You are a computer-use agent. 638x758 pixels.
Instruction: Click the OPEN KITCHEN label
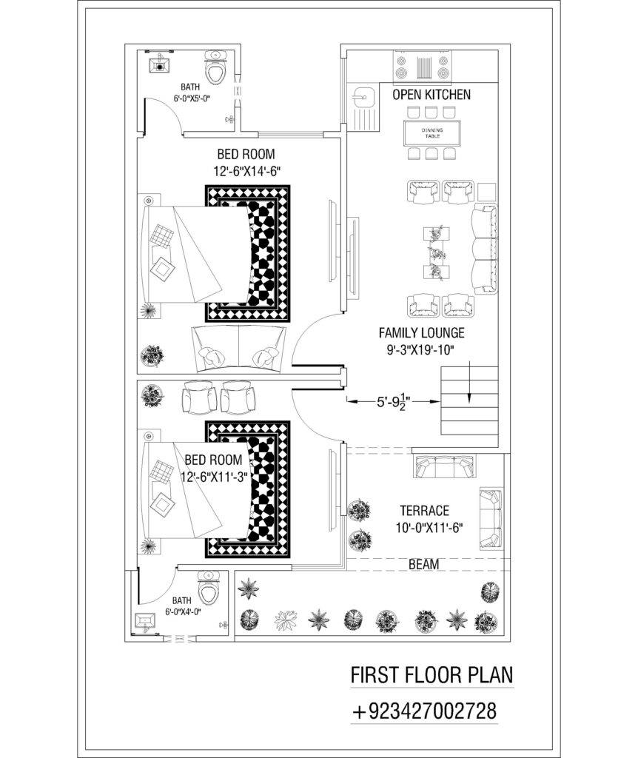pyautogui.click(x=432, y=94)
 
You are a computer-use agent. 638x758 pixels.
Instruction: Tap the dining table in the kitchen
pyautogui.click(x=432, y=133)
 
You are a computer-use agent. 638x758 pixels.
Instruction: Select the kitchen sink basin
pyautogui.click(x=363, y=96)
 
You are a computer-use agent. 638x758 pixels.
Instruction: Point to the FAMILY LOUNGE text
pyautogui.click(x=421, y=332)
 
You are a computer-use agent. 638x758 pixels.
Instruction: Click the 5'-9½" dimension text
pyautogui.click(x=394, y=401)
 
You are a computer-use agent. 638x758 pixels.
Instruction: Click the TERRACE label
pyautogui.click(x=424, y=511)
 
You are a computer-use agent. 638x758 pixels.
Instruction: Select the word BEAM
pyautogui.click(x=424, y=564)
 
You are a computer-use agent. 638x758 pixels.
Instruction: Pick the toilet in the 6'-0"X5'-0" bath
pyautogui.click(x=215, y=67)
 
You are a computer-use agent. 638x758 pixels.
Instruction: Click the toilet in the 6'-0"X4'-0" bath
pyautogui.click(x=208, y=587)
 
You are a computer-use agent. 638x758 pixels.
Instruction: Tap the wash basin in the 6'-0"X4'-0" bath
pyautogui.click(x=145, y=622)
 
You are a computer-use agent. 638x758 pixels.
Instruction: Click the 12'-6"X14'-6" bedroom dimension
pyautogui.click(x=247, y=171)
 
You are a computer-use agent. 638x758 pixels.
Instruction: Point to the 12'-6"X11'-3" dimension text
pyautogui.click(x=214, y=477)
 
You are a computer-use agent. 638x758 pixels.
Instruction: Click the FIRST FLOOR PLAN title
pyautogui.click(x=432, y=675)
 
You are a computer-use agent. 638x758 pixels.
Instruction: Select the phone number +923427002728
pyautogui.click(x=425, y=711)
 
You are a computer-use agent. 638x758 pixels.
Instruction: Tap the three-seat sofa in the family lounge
pyautogui.click(x=484, y=249)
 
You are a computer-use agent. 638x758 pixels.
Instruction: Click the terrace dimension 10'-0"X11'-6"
pyautogui.click(x=429, y=527)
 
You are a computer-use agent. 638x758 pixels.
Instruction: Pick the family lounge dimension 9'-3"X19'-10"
pyautogui.click(x=420, y=349)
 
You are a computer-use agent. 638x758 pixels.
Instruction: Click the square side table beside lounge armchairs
pyautogui.click(x=487, y=192)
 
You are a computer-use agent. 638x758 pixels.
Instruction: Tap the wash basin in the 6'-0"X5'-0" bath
pyautogui.click(x=159, y=64)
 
